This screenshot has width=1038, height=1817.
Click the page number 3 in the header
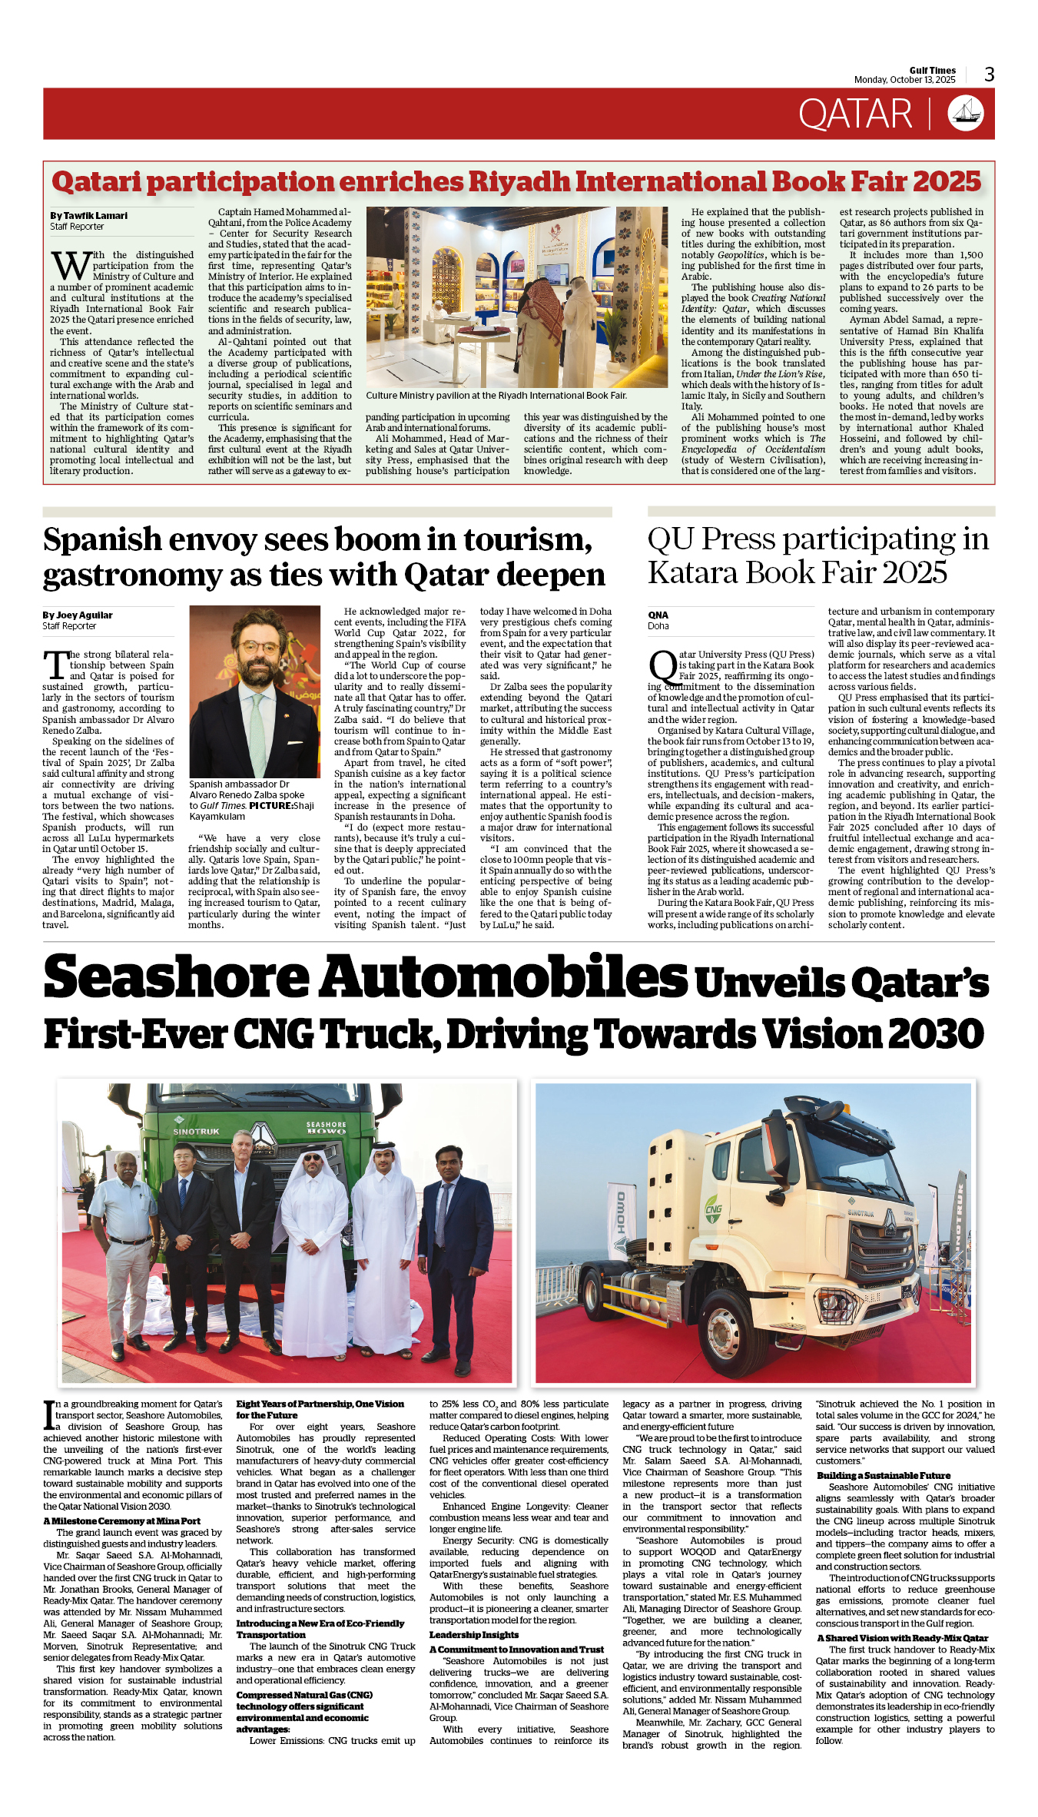pos(989,75)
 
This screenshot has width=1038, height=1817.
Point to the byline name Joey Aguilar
pos(83,615)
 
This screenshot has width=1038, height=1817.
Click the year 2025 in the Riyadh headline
pos(948,183)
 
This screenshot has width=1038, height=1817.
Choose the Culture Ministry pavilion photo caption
pos(496,396)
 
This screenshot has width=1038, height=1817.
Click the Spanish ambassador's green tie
pos(257,733)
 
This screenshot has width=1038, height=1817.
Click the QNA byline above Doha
pos(658,615)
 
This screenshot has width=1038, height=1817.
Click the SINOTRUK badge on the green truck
pos(196,1132)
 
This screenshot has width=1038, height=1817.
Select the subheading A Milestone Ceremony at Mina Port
pos(121,1521)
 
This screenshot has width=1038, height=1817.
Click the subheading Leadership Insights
pos(473,1635)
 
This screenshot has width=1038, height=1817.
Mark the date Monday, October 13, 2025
pos(904,80)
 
